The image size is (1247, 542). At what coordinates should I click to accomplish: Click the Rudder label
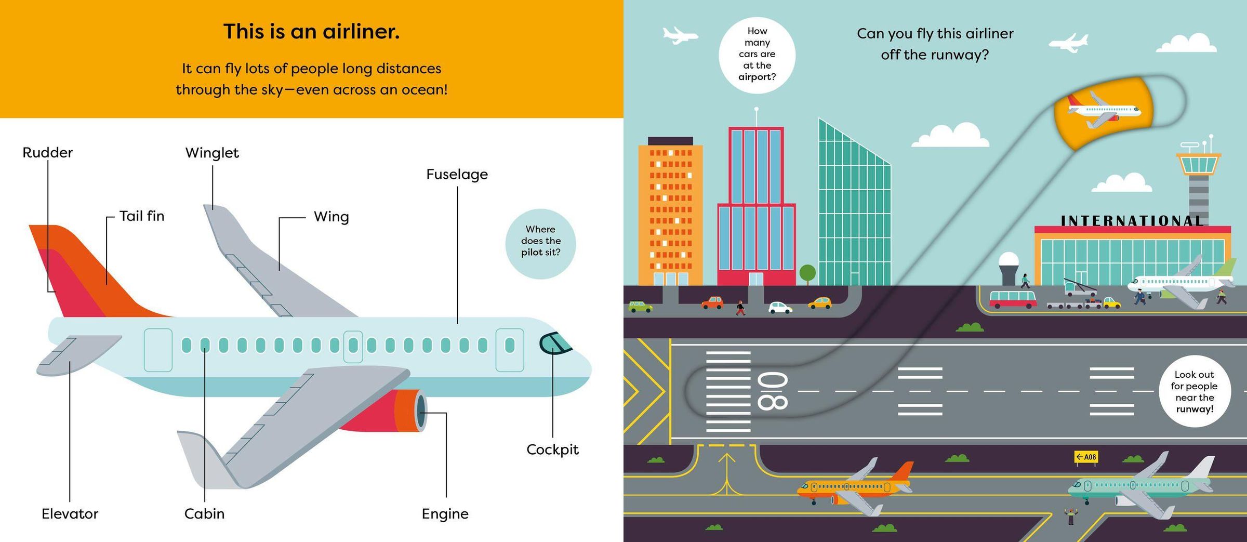(x=47, y=152)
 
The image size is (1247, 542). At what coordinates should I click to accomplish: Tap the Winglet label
(x=212, y=152)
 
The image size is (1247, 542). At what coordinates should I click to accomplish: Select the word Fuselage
(x=457, y=174)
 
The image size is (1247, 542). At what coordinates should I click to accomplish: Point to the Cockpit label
(x=552, y=450)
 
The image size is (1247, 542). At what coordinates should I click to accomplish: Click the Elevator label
(x=70, y=513)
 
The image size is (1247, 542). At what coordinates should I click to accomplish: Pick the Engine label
(x=445, y=514)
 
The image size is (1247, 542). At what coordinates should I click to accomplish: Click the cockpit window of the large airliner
(x=554, y=343)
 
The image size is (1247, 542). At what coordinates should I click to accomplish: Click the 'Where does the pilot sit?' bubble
(x=540, y=244)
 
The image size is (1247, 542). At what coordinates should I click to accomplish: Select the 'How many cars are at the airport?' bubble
(x=757, y=55)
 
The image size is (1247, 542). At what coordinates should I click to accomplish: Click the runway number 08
(x=773, y=391)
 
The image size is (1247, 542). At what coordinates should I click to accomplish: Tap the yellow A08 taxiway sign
(x=1086, y=457)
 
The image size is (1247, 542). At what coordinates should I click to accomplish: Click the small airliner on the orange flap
(x=1103, y=110)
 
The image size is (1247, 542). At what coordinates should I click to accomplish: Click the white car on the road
(x=780, y=308)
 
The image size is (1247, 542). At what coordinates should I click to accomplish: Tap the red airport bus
(x=1012, y=299)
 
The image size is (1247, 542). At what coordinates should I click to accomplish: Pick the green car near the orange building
(x=640, y=306)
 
